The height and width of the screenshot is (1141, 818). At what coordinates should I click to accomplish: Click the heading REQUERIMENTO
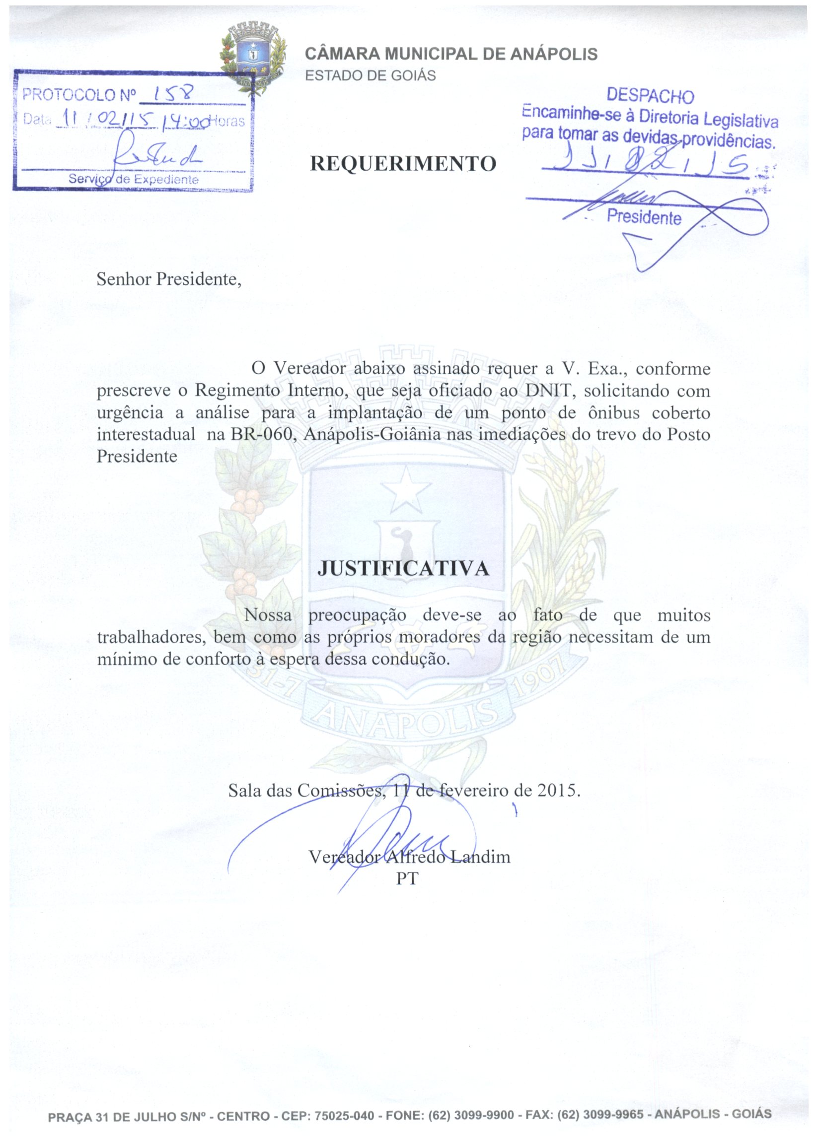click(x=403, y=164)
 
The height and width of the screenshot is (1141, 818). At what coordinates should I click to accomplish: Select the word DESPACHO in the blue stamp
click(x=650, y=96)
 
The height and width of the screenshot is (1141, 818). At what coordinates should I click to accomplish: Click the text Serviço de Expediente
click(x=134, y=180)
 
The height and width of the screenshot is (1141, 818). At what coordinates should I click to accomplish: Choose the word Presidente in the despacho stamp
click(x=644, y=217)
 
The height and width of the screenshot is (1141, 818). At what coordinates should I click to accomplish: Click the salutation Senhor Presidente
click(x=169, y=279)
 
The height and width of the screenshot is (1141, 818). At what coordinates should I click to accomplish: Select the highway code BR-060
click(x=261, y=434)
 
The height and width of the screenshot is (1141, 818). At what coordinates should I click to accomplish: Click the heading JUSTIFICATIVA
click(x=403, y=568)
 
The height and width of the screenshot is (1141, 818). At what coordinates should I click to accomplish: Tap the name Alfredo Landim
click(x=447, y=856)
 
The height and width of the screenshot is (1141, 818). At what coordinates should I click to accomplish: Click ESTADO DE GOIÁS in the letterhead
click(x=371, y=76)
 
